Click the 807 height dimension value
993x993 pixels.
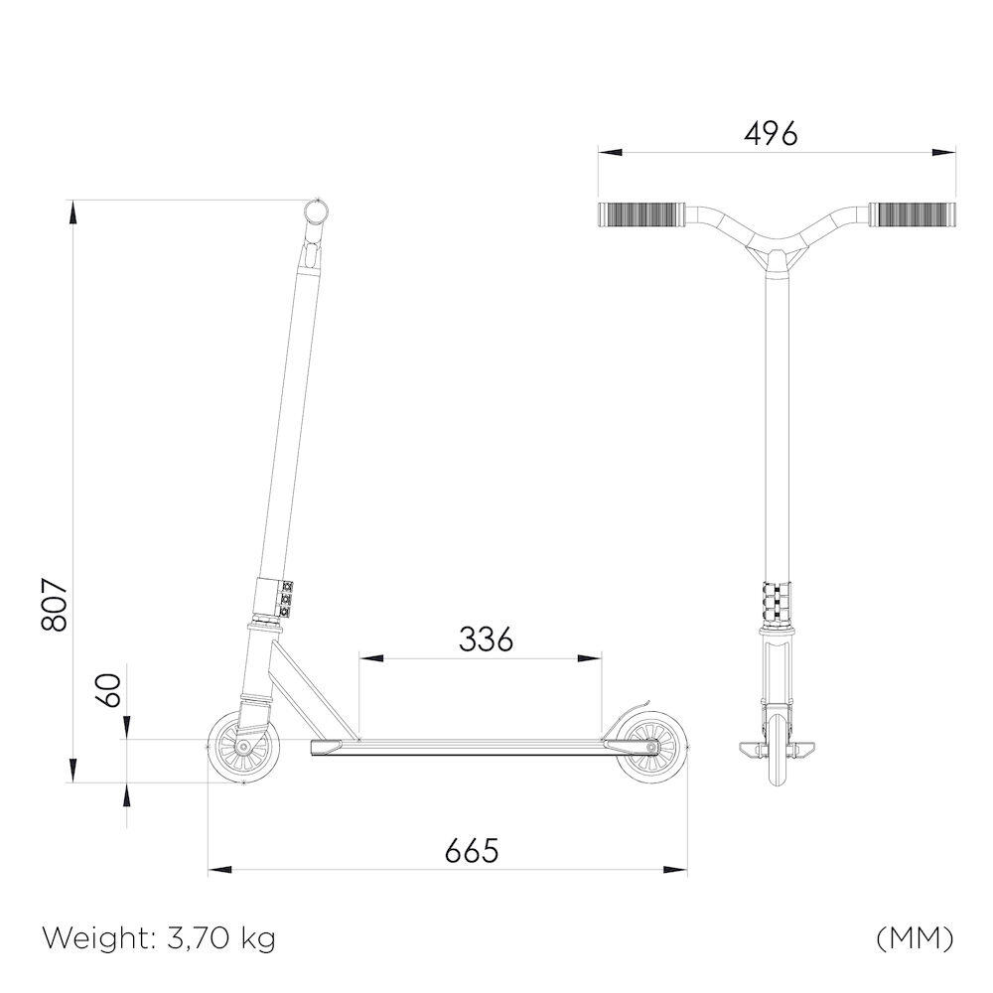[55, 604]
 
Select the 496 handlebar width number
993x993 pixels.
[771, 134]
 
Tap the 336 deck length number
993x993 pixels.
[486, 638]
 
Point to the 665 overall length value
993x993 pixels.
[472, 851]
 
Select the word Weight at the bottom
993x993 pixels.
[98, 939]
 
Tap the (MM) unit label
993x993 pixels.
[915, 938]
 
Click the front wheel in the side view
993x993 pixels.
[243, 748]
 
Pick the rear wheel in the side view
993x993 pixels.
[651, 748]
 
